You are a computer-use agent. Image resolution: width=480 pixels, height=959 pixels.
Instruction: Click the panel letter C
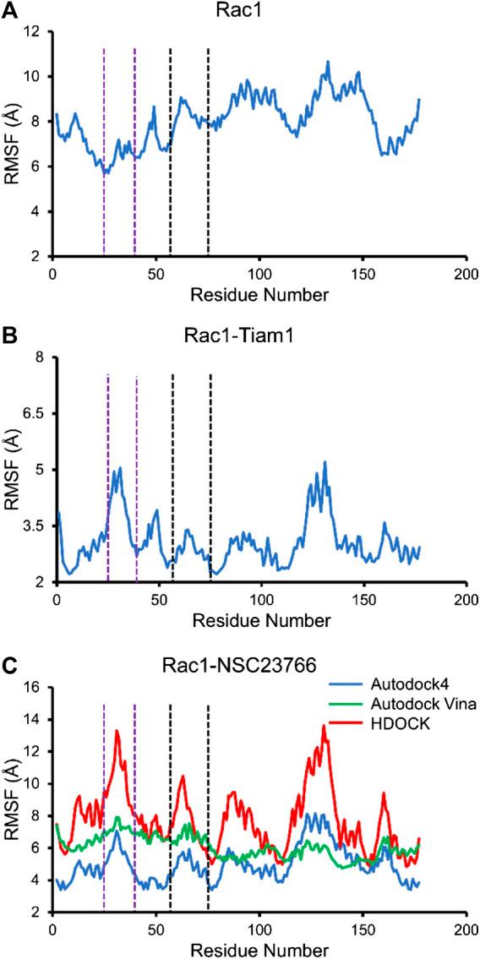pos(8,658)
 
